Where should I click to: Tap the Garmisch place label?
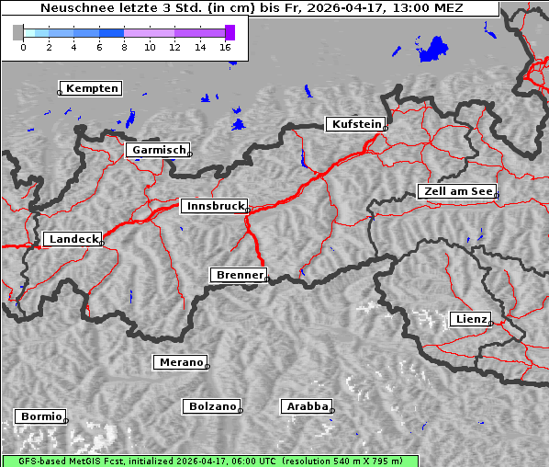click(159, 150)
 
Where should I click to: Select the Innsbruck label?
click(214, 207)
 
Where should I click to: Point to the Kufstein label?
click(355, 124)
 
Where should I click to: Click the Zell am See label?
click(456, 191)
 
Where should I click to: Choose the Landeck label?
click(73, 239)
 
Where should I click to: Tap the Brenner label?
click(239, 275)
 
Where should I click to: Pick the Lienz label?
click(471, 319)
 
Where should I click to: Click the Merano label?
click(181, 362)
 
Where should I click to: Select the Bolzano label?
click(212, 406)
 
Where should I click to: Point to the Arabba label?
click(307, 406)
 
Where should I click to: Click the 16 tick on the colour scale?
click(226, 46)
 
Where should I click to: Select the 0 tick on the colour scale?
click(23, 46)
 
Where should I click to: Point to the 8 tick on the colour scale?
click(124, 46)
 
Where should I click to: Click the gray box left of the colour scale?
click(18, 32)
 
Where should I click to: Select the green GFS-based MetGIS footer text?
click(209, 461)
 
